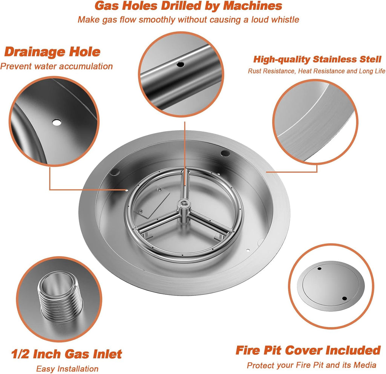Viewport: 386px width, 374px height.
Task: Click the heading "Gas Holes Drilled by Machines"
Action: tap(188, 6)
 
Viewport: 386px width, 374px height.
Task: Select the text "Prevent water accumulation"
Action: tap(57, 67)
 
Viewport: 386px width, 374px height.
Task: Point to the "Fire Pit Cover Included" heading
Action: tap(308, 350)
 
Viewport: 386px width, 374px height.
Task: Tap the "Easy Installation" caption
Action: tap(67, 369)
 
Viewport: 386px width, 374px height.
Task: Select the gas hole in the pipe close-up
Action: tap(181, 64)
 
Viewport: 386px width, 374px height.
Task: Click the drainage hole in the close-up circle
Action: tap(57, 122)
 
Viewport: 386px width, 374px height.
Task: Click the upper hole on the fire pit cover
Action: tap(320, 269)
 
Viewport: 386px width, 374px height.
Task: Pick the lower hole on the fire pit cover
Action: tap(344, 299)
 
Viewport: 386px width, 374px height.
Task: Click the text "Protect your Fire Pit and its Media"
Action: tap(311, 365)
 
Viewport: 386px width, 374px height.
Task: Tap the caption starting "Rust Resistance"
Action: tap(317, 71)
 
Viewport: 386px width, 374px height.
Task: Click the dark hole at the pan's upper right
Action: tap(225, 153)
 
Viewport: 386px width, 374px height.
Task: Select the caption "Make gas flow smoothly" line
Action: tap(188, 19)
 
